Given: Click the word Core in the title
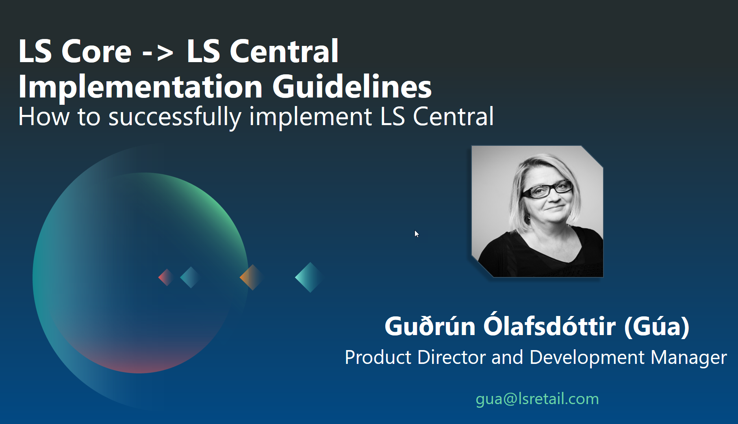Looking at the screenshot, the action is tap(96, 51).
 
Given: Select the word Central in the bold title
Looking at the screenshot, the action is tap(284, 51).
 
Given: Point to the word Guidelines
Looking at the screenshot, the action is tap(352, 87).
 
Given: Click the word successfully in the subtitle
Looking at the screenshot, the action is tap(175, 117).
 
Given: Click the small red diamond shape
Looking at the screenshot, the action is tap(166, 277).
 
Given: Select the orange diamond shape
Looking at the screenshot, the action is tap(252, 277).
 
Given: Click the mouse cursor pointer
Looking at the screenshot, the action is tap(417, 234).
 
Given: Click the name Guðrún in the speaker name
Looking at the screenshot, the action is tap(430, 326).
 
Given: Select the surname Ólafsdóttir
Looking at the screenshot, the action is tap(549, 325).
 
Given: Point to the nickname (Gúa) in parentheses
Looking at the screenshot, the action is tap(657, 326).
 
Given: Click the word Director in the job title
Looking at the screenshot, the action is tap(451, 357).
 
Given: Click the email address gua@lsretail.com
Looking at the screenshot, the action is tap(537, 399).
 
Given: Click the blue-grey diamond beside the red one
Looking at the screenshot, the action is tap(190, 277).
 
